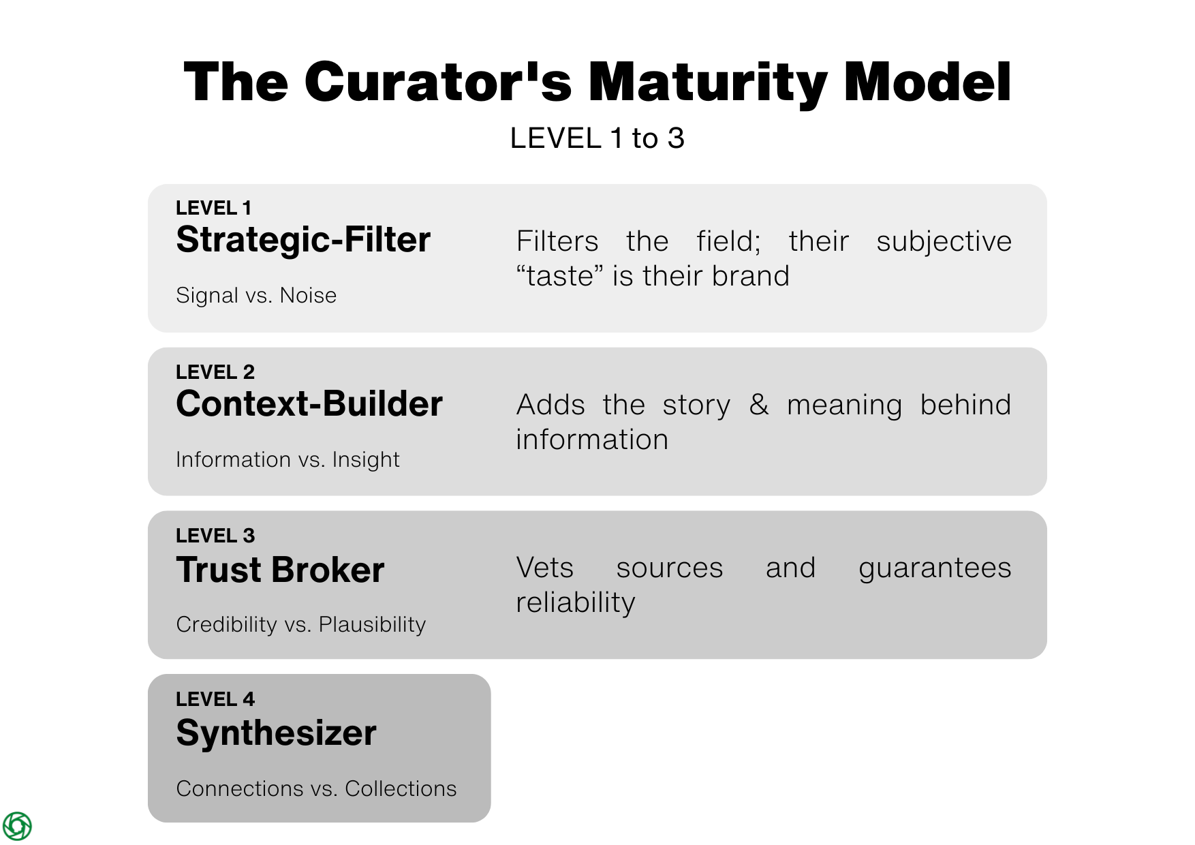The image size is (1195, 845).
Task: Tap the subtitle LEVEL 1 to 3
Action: tap(597, 138)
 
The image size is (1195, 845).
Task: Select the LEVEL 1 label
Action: tap(213, 208)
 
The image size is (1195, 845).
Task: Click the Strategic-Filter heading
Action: tap(303, 240)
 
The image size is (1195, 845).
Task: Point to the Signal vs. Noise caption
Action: tap(256, 296)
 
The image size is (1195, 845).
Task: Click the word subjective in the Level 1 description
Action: tap(944, 241)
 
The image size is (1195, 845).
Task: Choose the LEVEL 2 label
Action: tap(215, 372)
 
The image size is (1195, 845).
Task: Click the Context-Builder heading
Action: tap(309, 404)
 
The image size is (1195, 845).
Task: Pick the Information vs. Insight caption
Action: tap(288, 460)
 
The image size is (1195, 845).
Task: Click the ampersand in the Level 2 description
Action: tap(759, 404)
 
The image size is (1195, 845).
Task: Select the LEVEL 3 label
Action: tap(215, 536)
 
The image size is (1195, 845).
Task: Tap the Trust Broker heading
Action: tap(280, 570)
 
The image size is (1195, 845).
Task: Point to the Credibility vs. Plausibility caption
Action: tap(300, 624)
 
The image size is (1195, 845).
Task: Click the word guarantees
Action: tap(935, 568)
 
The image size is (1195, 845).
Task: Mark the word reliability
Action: tap(576, 602)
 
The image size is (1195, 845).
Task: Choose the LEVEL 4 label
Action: tap(215, 699)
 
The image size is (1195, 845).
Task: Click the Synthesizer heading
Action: tap(276, 733)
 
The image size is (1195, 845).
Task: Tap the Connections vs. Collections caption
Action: tap(316, 788)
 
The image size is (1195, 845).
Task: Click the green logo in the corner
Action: tap(17, 826)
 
